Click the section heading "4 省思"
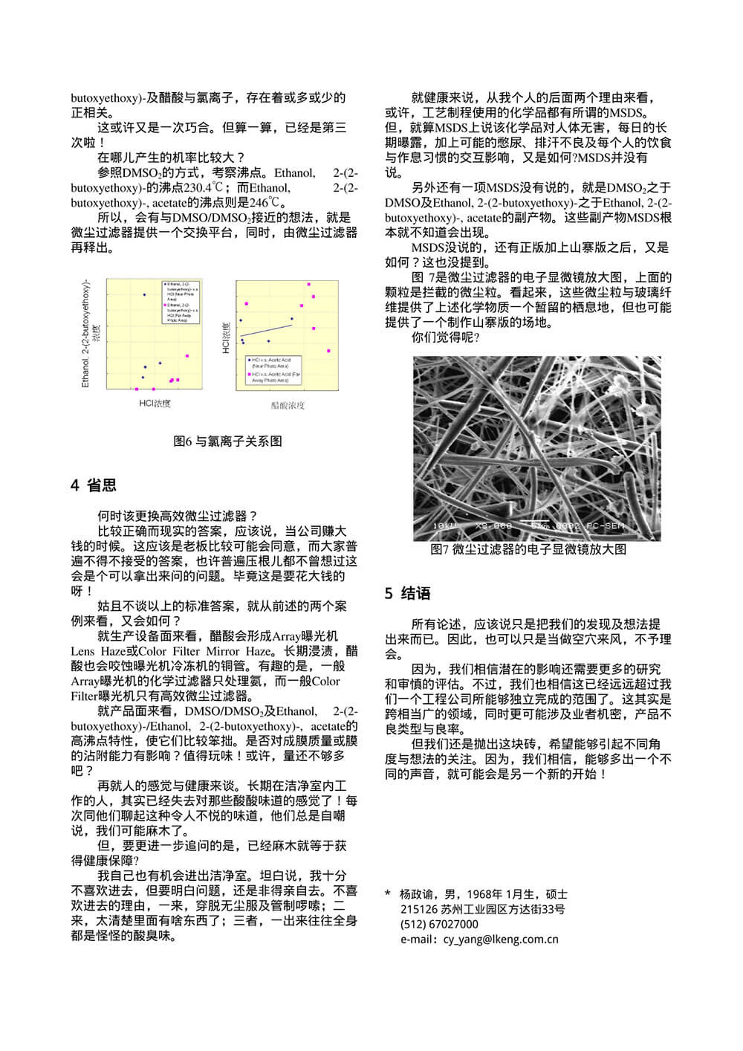point(94,486)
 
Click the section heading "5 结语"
point(408,593)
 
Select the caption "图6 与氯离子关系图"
point(227,442)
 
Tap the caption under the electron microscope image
point(528,549)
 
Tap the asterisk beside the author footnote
point(388,894)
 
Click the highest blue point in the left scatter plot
point(144,295)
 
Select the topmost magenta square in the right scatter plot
point(308,284)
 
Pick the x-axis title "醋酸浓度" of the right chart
point(288,405)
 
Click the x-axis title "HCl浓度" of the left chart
point(155,403)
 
